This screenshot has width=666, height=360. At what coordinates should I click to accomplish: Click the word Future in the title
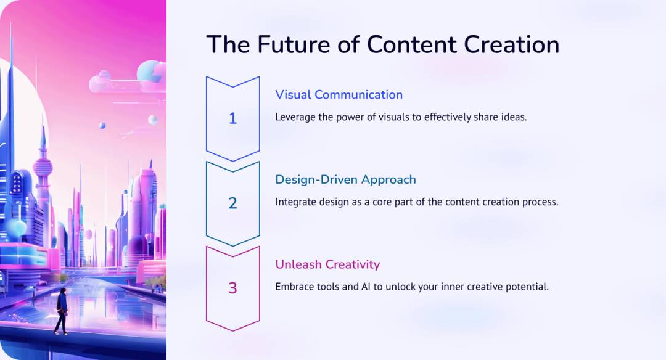(293, 44)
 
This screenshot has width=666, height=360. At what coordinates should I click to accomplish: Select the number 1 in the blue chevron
(232, 118)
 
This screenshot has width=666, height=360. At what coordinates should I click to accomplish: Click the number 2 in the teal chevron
(232, 203)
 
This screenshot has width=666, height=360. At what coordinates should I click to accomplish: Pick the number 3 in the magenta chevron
(232, 288)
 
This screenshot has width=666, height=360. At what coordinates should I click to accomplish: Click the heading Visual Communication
(339, 95)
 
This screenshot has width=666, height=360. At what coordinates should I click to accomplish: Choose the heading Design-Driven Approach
(346, 179)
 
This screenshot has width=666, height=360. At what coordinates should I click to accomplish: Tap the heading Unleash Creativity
(327, 264)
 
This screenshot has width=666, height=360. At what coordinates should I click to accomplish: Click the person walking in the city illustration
(61, 311)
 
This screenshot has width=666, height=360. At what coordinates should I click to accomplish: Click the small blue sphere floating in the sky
(102, 125)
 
